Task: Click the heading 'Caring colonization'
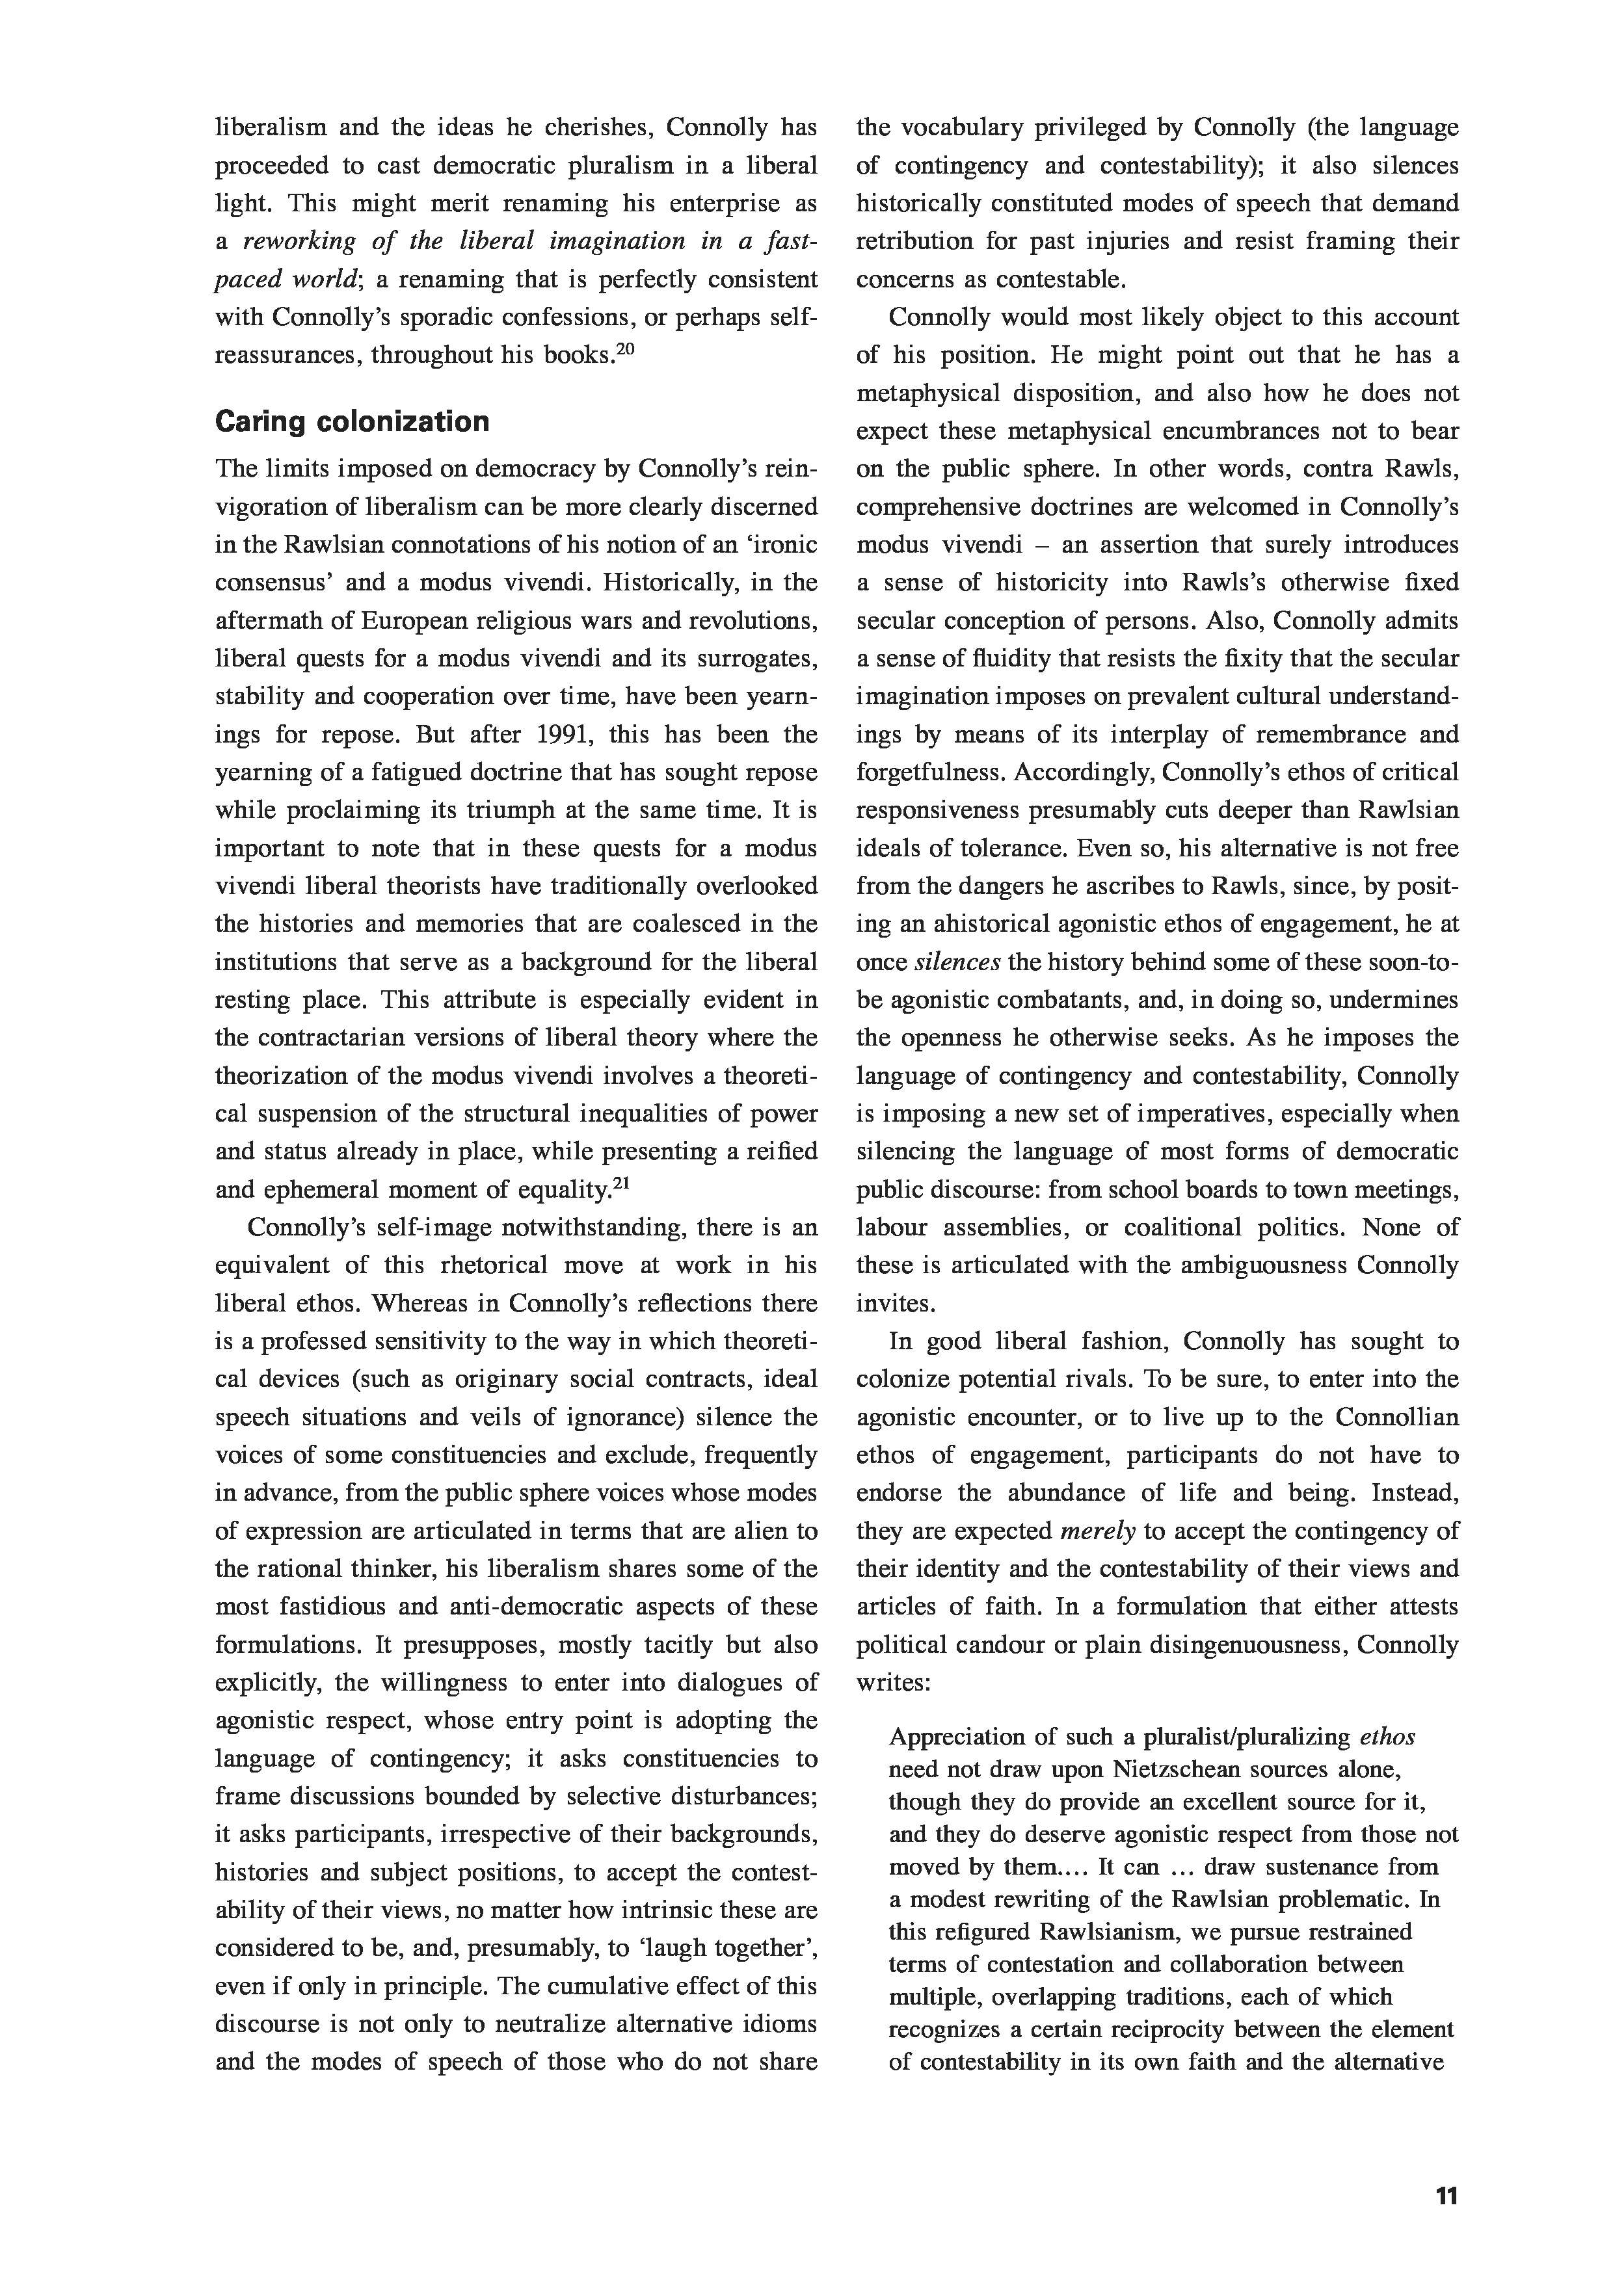coord(352,422)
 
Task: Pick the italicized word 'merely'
coord(1097,1531)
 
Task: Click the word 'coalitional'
coord(1186,1228)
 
